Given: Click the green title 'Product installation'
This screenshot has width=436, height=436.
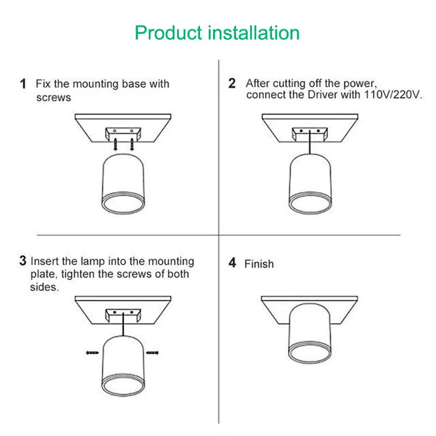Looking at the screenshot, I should (217, 33).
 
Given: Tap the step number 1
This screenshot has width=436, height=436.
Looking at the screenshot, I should (23, 84).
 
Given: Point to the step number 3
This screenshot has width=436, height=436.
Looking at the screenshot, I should (23, 261).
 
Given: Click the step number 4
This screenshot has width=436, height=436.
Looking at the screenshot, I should (232, 263).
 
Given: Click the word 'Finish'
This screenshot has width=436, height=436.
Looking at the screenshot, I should (259, 264).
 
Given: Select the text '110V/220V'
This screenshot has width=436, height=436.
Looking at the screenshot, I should (391, 95).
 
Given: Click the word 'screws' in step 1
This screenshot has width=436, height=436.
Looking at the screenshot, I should (53, 98).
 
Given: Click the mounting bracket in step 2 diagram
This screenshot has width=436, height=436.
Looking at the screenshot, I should (308, 133).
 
